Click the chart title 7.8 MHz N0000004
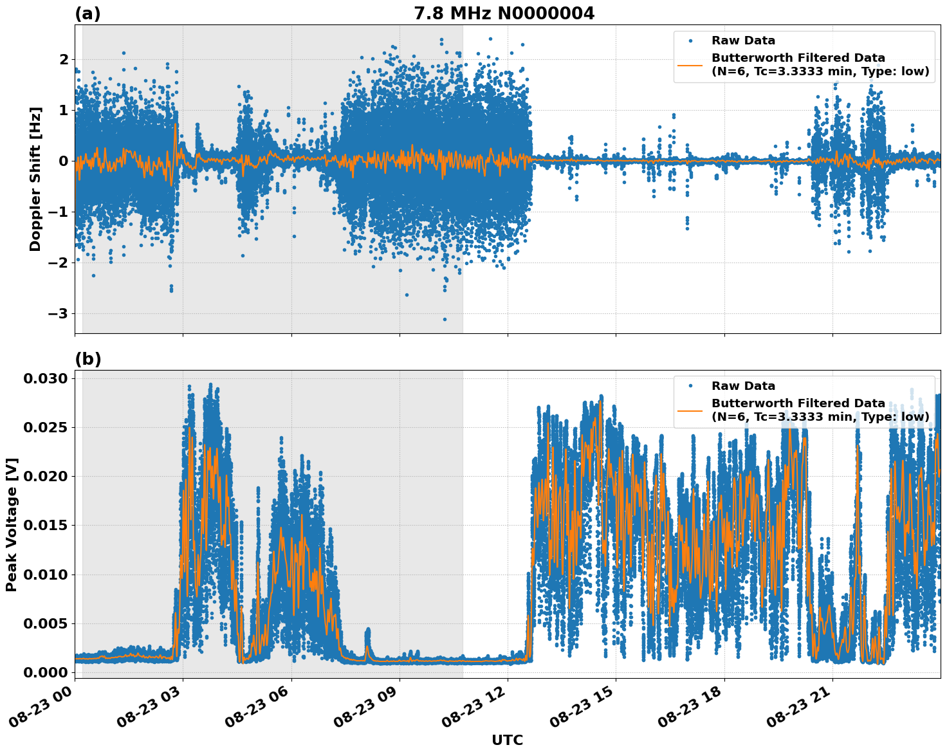pos(504,14)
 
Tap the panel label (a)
pos(87,14)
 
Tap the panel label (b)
pos(87,359)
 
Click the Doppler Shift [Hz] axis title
pos(35,179)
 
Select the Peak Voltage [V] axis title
pos(12,524)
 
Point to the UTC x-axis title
pos(507,740)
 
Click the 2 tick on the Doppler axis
pos(63,60)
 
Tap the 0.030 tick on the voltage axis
pos(45,378)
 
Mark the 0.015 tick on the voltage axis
pos(45,526)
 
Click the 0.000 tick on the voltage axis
pos(45,672)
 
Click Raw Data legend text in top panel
pos(743,41)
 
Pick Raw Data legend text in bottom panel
pos(743,386)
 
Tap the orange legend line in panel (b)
pos(690,410)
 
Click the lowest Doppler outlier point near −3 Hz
pos(444,319)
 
